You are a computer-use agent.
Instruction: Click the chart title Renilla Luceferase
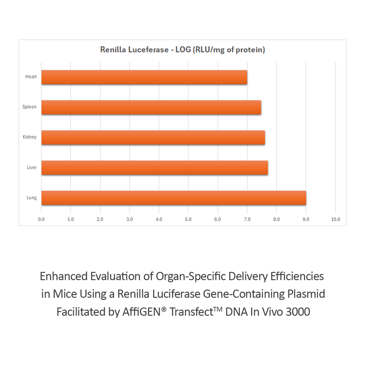[182, 50]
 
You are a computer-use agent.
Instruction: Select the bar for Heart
[144, 77]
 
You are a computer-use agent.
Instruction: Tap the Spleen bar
[151, 107]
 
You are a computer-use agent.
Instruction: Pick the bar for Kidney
[153, 137]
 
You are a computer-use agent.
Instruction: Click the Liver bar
[155, 167]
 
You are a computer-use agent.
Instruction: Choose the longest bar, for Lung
[173, 198]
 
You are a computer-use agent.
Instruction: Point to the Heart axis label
[31, 77]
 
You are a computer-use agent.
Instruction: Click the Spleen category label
[30, 107]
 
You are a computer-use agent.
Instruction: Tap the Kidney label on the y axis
[30, 137]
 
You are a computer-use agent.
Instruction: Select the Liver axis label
[31, 167]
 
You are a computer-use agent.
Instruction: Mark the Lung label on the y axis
[31, 198]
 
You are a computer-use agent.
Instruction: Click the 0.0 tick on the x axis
[42, 219]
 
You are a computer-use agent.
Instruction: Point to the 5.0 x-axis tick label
[188, 219]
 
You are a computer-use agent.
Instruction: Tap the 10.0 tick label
[335, 219]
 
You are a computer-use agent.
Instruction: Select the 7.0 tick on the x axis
[247, 219]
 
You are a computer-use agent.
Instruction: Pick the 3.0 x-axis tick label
[130, 219]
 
